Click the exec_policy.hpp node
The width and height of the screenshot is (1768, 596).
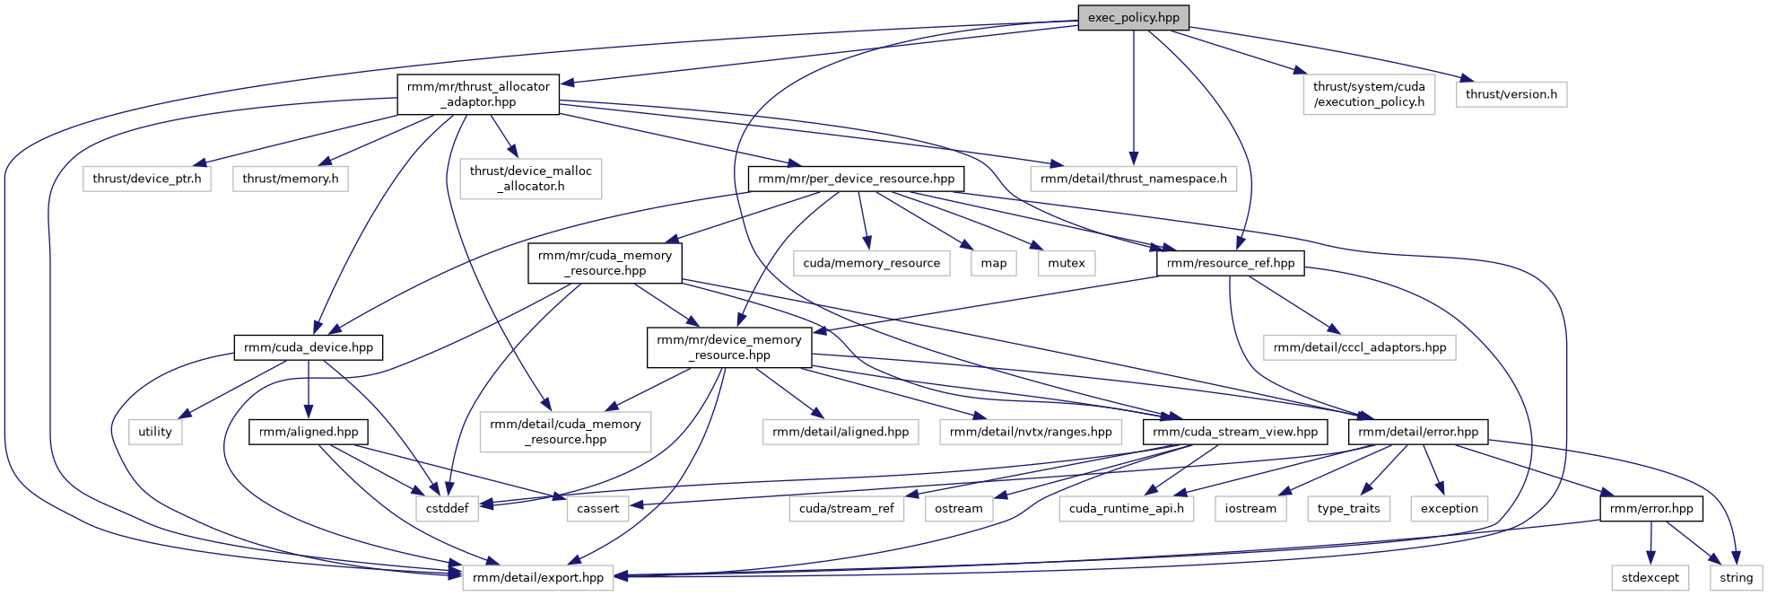click(x=1134, y=18)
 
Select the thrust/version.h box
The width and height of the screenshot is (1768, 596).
click(x=1511, y=94)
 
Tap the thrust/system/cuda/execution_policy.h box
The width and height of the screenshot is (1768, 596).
click(x=1369, y=94)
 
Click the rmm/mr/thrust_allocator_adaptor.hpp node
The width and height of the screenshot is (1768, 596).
click(x=478, y=94)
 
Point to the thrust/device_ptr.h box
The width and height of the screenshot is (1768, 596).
click(x=147, y=179)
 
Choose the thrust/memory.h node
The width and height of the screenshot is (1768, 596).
click(x=291, y=179)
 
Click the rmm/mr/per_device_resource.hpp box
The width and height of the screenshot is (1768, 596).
click(x=856, y=179)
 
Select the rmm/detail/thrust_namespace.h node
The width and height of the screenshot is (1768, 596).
click(x=1133, y=179)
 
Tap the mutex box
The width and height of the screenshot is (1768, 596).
click(x=1066, y=263)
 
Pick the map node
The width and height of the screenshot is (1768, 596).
click(x=994, y=263)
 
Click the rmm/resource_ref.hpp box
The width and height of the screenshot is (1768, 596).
click(x=1231, y=263)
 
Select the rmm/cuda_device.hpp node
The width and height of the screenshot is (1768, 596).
click(x=308, y=347)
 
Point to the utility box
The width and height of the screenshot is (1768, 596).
click(x=155, y=432)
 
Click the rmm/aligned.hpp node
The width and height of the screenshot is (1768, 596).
click(x=309, y=432)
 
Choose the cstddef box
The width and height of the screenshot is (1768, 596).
click(x=447, y=508)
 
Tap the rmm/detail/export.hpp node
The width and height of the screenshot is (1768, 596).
click(x=538, y=577)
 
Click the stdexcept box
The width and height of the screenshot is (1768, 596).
click(x=1650, y=577)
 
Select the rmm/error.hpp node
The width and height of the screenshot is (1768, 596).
click(x=1650, y=508)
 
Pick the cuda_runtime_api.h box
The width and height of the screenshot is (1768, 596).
click(x=1126, y=508)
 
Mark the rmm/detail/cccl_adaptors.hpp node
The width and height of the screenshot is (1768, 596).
click(x=1359, y=347)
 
